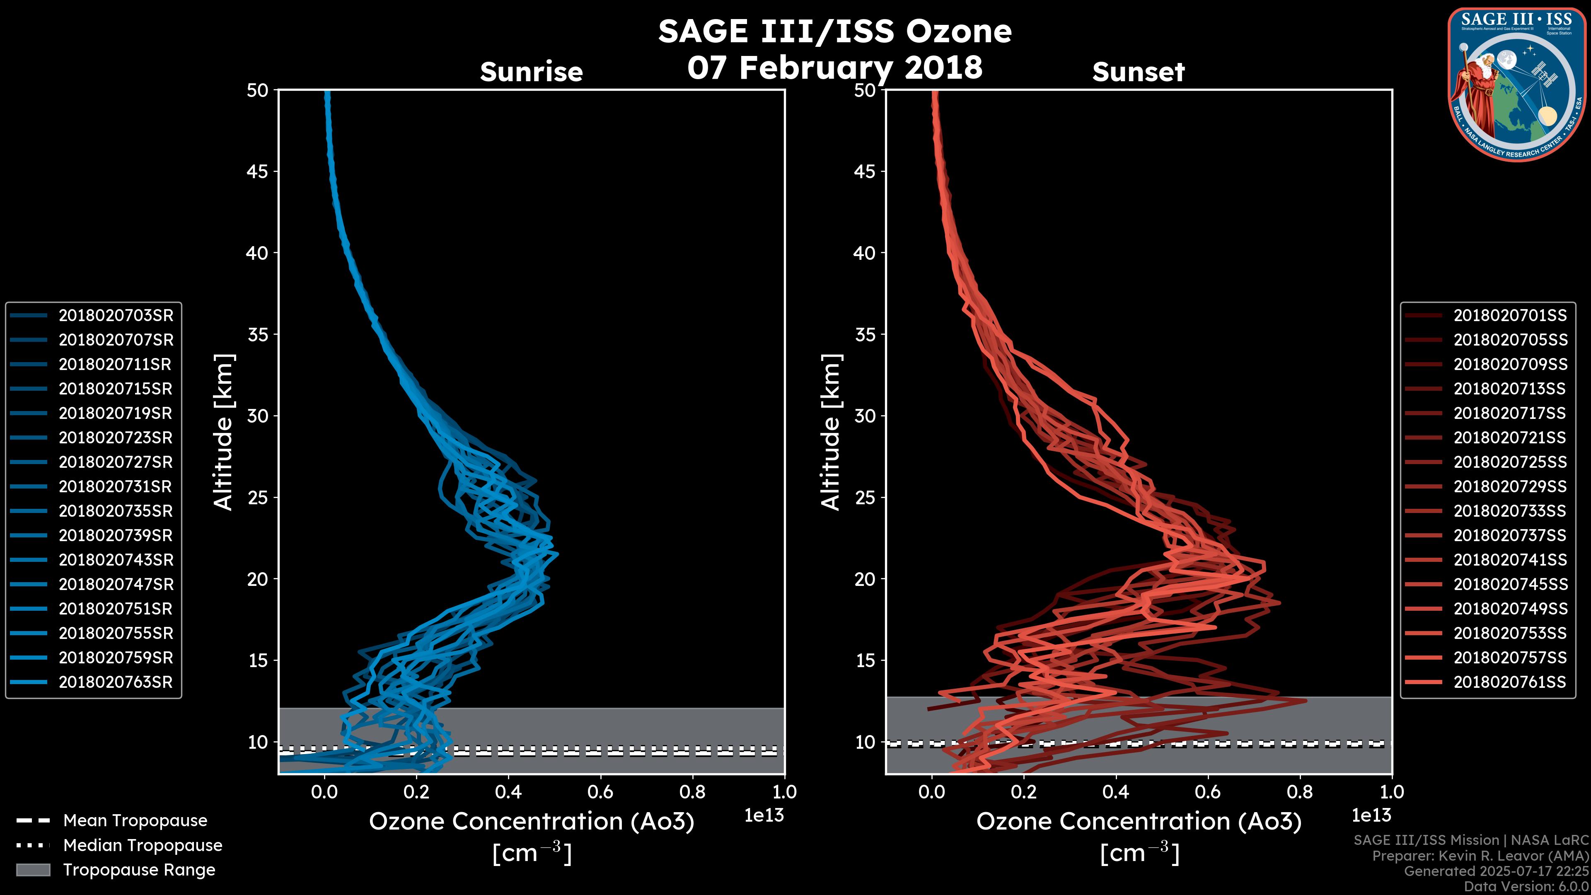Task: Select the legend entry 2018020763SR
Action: (116, 682)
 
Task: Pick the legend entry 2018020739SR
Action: (116, 535)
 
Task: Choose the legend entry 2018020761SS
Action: (1509, 682)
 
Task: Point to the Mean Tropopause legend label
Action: (135, 820)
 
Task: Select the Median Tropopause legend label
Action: (142, 845)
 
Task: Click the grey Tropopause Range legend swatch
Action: (33, 870)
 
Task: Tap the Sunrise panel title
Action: (531, 72)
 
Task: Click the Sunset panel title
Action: (1138, 72)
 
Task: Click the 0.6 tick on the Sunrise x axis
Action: (600, 792)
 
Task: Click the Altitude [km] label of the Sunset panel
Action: (831, 432)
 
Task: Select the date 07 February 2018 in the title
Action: (834, 67)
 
